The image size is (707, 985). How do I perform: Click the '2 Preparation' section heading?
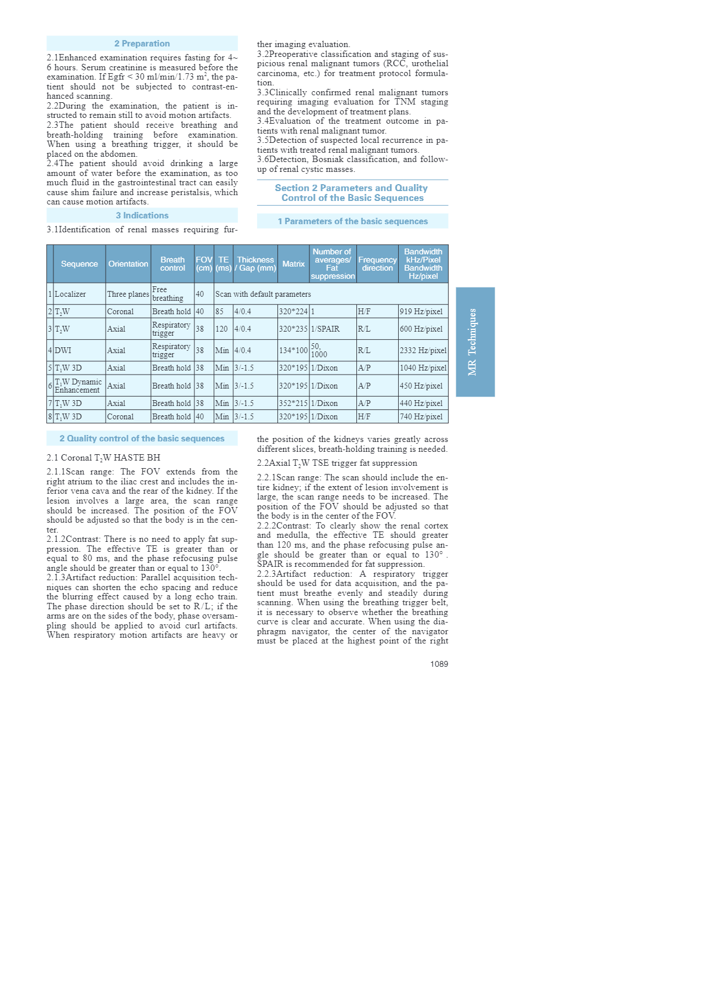pyautogui.click(x=142, y=44)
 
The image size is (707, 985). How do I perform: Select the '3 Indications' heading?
pyautogui.click(x=142, y=215)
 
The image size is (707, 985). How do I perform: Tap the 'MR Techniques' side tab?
pyautogui.click(x=475, y=341)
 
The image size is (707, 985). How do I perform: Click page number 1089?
pyautogui.click(x=439, y=664)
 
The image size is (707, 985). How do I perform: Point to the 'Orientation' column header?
pyautogui.click(x=128, y=264)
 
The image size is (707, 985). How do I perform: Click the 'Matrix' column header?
pyautogui.click(x=293, y=264)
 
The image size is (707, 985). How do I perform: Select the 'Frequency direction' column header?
pyautogui.click(x=377, y=264)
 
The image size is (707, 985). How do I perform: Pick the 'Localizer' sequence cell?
pyautogui.click(x=70, y=294)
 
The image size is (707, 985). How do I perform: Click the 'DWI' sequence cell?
pyautogui.click(x=63, y=350)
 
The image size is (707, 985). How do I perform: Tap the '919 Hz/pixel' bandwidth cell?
pyautogui.click(x=421, y=311)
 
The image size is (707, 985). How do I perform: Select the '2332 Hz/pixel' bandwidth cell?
pyautogui.click(x=423, y=350)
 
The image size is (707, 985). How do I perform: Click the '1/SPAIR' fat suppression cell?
pyautogui.click(x=325, y=329)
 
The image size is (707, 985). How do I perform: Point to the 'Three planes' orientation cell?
pyautogui.click(x=128, y=294)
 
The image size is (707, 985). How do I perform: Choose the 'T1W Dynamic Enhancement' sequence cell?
pyautogui.click(x=78, y=386)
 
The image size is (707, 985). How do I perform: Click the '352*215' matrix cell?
pyautogui.click(x=293, y=403)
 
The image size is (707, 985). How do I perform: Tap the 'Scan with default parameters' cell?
pyautogui.click(x=263, y=294)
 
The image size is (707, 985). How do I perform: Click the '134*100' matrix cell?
pyautogui.click(x=293, y=350)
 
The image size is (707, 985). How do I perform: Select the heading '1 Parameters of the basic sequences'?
pyautogui.click(x=352, y=221)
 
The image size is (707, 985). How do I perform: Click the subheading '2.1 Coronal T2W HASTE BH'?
pyautogui.click(x=103, y=458)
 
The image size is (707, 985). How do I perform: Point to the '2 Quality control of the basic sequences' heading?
pyautogui.click(x=142, y=438)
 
